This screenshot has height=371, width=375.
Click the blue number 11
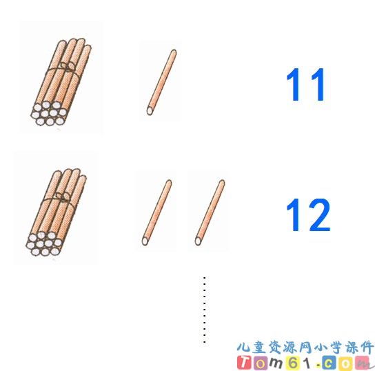(305, 84)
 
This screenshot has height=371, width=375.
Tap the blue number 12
(308, 214)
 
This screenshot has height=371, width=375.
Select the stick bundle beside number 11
(61, 82)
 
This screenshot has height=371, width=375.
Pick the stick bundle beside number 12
(57, 212)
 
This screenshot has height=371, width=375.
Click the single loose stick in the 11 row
(162, 82)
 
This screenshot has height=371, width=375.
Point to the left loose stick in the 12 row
(157, 212)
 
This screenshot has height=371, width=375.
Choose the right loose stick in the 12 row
(210, 212)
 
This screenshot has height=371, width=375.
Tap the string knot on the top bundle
(67, 67)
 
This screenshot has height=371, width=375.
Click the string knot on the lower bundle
(63, 197)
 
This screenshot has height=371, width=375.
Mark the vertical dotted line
(205, 310)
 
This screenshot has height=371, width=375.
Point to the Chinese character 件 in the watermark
(367, 348)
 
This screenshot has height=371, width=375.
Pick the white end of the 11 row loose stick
(150, 111)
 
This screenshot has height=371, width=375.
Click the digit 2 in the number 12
(318, 214)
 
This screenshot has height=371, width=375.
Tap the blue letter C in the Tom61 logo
(329, 363)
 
